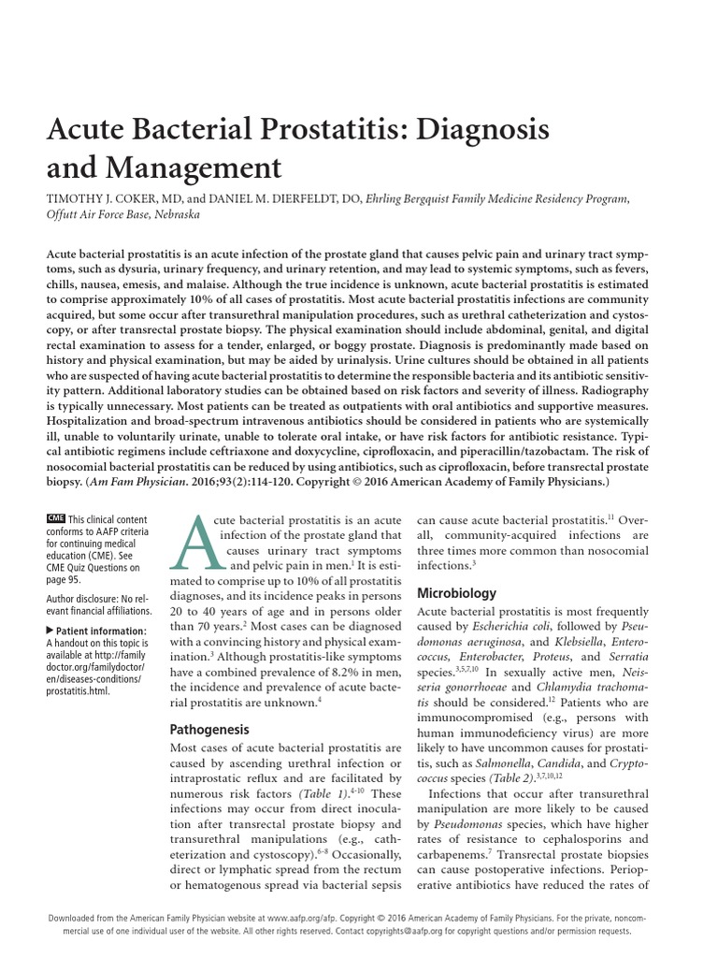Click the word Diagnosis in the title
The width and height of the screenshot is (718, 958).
[470, 127]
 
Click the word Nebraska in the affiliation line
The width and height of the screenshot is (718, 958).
[170, 214]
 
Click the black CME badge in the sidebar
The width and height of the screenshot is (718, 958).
[55, 519]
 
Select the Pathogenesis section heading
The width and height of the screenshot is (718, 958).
[208, 728]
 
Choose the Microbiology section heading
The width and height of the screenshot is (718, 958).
[456, 593]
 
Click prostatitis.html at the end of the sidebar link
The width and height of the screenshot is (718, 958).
[78, 691]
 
